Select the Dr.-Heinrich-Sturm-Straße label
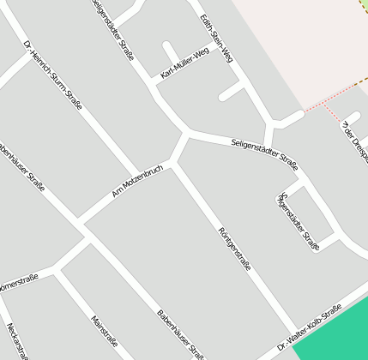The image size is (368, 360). click(x=53, y=75)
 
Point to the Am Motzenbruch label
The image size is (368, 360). click(x=137, y=181)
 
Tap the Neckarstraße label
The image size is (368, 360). click(x=17, y=342)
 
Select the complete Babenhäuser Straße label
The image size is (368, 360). click(x=180, y=334)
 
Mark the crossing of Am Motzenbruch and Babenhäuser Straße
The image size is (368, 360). click(x=82, y=225)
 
